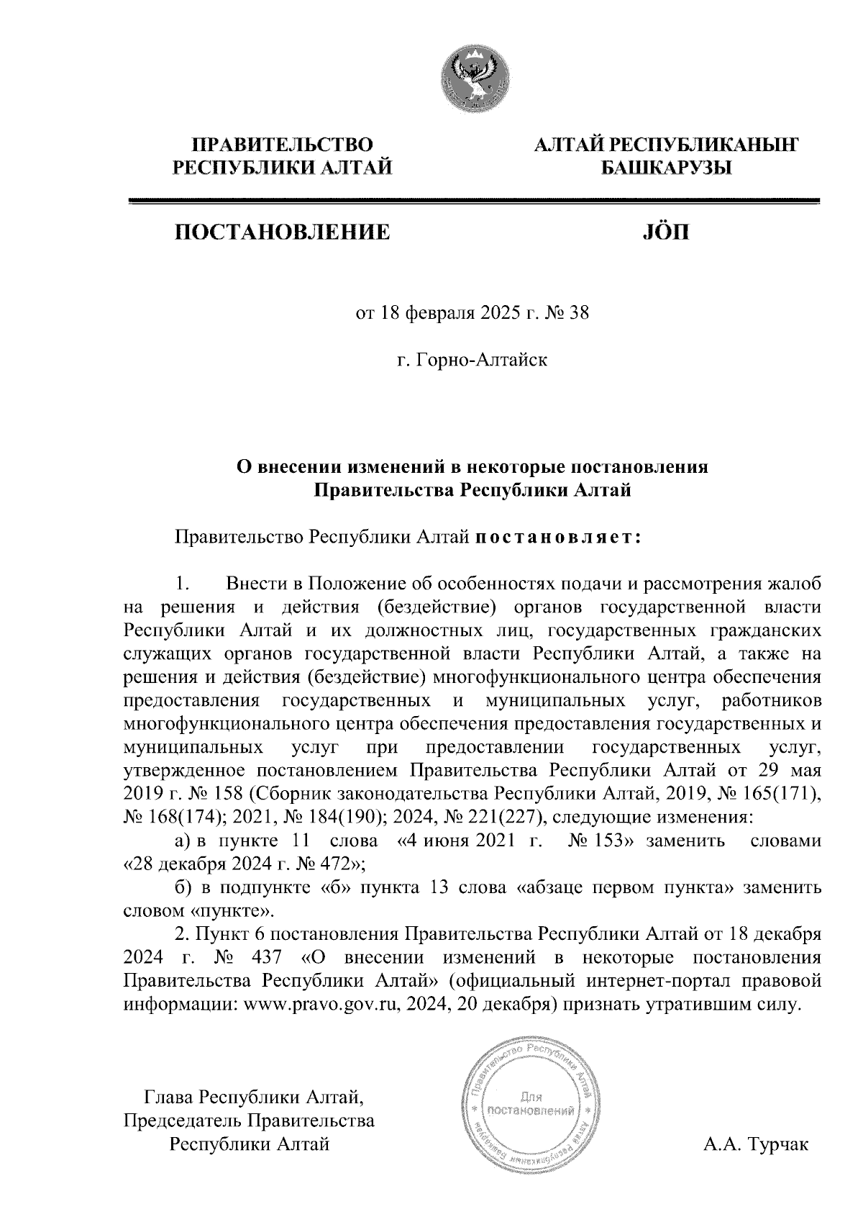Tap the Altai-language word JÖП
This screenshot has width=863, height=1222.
coord(663,232)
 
